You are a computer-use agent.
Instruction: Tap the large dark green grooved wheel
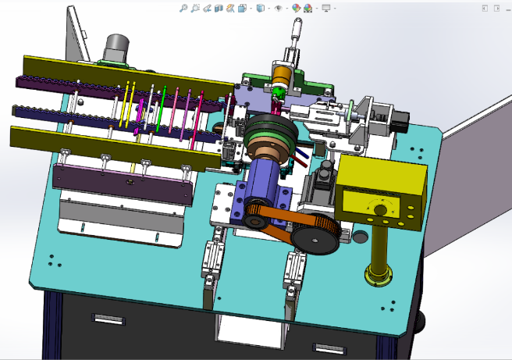coord(267,133)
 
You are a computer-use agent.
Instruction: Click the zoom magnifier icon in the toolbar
coord(183,8)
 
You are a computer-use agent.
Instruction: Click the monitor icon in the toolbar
coord(325,8)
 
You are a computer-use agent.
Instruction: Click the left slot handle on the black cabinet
coord(107,318)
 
